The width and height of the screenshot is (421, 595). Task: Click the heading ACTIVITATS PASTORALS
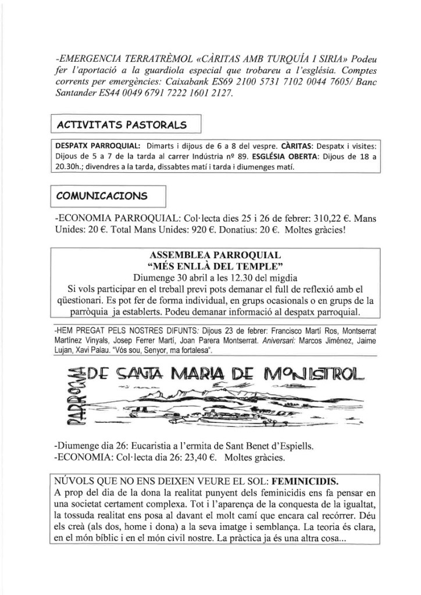coord(121,125)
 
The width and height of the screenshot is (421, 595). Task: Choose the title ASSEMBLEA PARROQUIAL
coord(215,255)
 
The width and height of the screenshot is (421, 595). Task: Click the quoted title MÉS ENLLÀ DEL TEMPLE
coord(215,266)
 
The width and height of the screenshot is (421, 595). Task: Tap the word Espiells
coord(296,446)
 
